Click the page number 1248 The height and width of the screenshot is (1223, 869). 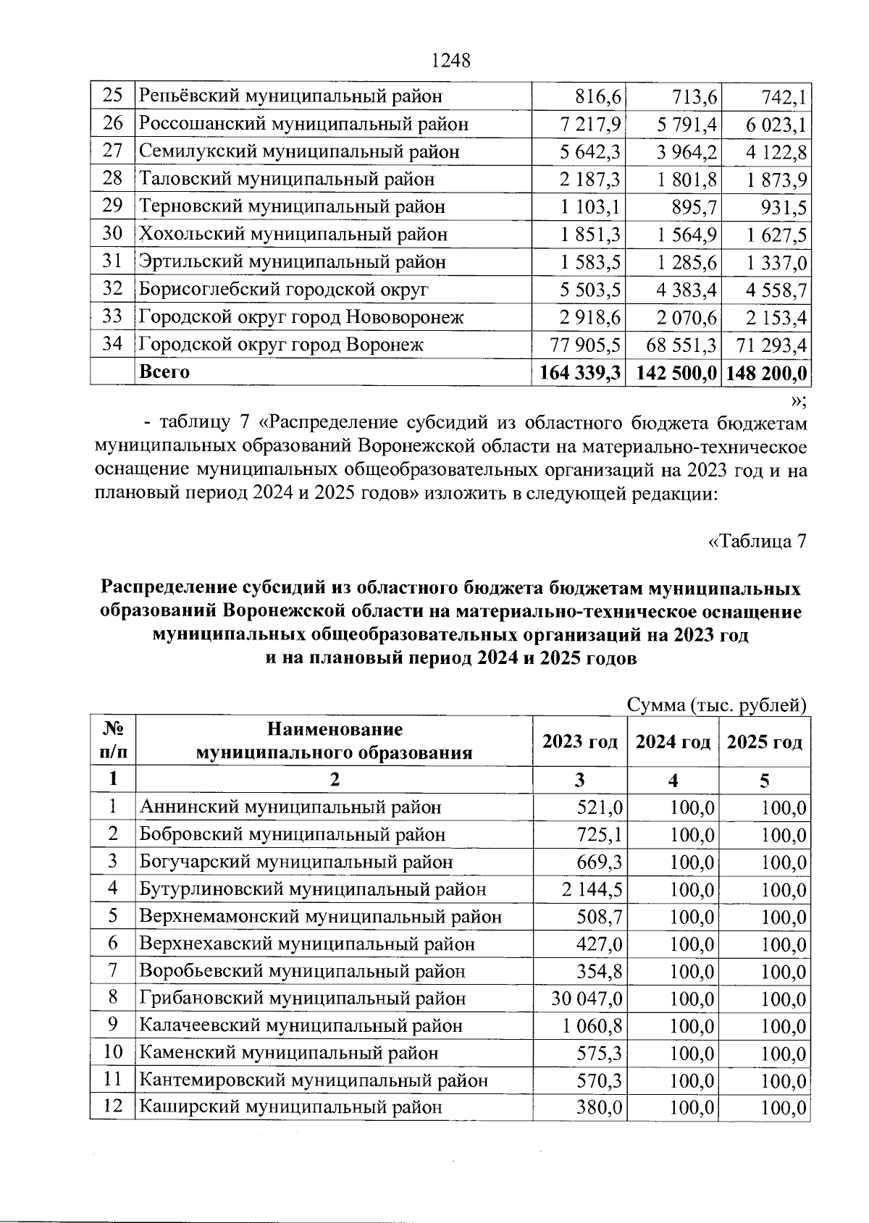[x=451, y=61]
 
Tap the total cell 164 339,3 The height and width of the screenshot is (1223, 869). [x=579, y=373]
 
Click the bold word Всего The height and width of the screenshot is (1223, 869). [x=164, y=372]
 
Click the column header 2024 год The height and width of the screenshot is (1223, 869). [x=673, y=742]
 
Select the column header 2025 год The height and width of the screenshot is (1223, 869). [x=765, y=742]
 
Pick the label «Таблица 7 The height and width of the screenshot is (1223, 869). [x=756, y=541]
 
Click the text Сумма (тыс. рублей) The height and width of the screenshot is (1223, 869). [x=716, y=705]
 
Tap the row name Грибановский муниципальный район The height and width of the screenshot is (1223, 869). [x=302, y=999]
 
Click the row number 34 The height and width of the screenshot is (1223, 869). [x=112, y=344]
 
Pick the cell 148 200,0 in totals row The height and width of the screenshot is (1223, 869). [x=765, y=373]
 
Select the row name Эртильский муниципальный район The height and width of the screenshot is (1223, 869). [x=292, y=262]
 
